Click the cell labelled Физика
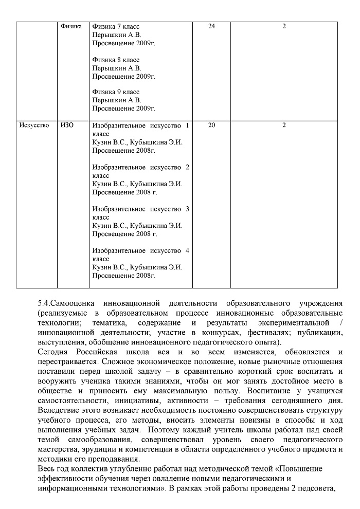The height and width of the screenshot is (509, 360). tap(71, 26)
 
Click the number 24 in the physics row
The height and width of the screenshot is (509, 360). tap(211, 26)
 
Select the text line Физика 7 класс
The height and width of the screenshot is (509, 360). tap(116, 26)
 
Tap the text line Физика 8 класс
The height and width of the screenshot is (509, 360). tap(116, 60)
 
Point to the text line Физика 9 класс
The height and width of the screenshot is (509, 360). tap(116, 92)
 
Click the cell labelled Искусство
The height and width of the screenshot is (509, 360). tap(33, 125)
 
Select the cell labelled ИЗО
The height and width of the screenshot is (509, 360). tap(67, 125)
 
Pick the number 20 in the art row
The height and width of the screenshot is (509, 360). tap(211, 125)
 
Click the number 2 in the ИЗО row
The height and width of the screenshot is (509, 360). tap(284, 125)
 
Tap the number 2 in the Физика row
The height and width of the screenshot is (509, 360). tap(284, 26)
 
